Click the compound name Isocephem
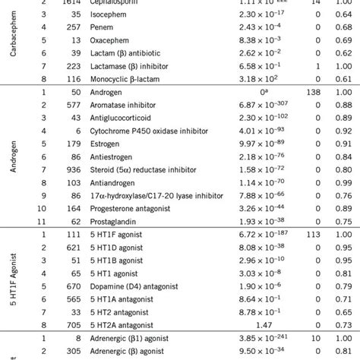114,21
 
